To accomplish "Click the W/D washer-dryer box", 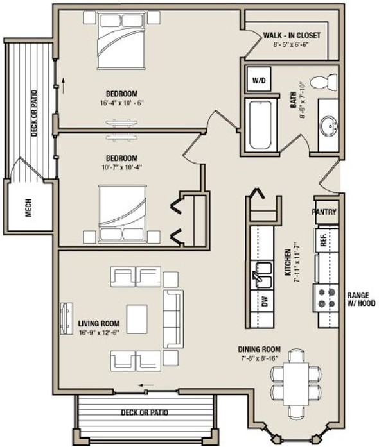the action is pos(259,80).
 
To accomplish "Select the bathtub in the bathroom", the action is pos(260,125).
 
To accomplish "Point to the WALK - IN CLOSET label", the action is pos(292,35).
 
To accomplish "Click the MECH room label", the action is pos(28,208).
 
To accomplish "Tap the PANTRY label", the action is pos(324,212).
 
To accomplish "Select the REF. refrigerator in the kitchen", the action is pos(325,240).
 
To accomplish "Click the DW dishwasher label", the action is pos(265,301).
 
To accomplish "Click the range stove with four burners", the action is pos(326,298).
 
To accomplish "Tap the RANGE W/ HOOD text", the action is pos(361,299).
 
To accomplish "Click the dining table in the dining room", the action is pos(296,384).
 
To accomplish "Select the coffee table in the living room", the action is pos(137,319).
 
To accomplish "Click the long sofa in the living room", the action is pos(173,319).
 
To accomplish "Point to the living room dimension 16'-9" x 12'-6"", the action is pos(98,332).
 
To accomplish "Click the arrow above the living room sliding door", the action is pos(146,385).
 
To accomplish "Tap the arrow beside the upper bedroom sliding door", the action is pos(63,86).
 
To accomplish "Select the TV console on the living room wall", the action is pos(66,319).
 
